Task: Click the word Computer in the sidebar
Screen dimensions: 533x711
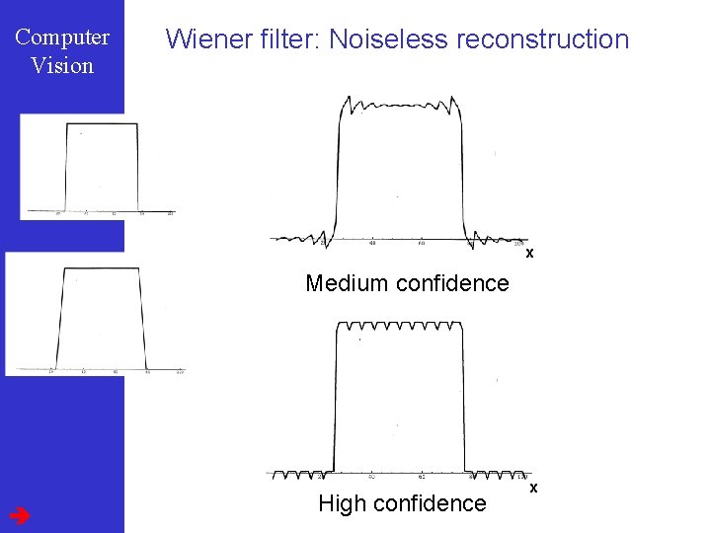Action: [x=62, y=38]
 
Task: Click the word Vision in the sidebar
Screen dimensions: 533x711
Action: [x=62, y=66]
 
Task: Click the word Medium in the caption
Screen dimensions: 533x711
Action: [x=347, y=283]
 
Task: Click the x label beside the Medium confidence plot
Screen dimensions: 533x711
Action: [x=529, y=254]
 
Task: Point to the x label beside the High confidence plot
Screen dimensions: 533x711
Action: [x=533, y=488]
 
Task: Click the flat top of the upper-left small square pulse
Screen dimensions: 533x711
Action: [x=102, y=124]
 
